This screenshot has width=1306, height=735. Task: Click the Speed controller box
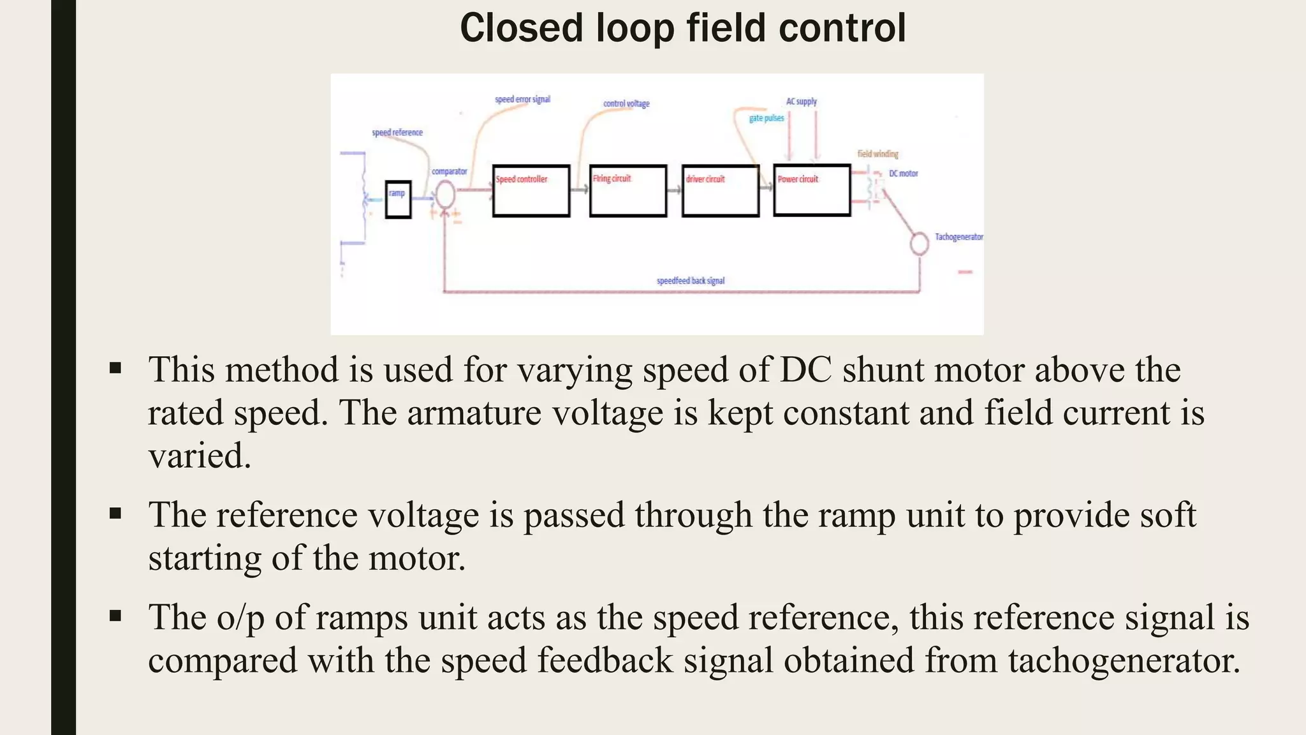531,191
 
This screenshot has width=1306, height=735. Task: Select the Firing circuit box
627,191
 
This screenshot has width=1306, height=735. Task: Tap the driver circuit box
720,191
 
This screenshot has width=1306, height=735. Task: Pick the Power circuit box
812,190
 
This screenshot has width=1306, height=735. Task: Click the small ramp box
398,199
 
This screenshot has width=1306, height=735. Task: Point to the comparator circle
444,194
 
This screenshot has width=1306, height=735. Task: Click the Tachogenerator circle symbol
919,243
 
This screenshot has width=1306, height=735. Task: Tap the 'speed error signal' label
522,100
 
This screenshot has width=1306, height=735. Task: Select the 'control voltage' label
626,103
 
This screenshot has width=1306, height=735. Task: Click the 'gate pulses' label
767,118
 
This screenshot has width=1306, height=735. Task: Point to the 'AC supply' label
801,101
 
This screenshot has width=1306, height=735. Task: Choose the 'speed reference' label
397,133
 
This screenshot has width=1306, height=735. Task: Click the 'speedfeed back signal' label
691,281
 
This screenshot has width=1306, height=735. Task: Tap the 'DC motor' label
904,174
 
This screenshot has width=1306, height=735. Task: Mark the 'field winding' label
877,154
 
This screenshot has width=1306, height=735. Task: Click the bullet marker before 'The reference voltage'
115,514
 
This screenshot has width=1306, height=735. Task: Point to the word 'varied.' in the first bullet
200,456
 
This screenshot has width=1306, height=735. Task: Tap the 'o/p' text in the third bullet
240,618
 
